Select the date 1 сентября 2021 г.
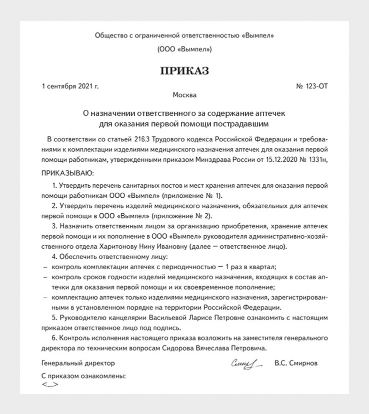pyautogui.click(x=70, y=86)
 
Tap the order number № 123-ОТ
pyautogui.click(x=312, y=86)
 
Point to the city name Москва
pyautogui.click(x=184, y=95)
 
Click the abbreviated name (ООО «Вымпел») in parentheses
pyautogui.click(x=184, y=49)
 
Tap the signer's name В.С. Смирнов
pyautogui.click(x=296, y=363)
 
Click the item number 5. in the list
pyautogui.click(x=54, y=318)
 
